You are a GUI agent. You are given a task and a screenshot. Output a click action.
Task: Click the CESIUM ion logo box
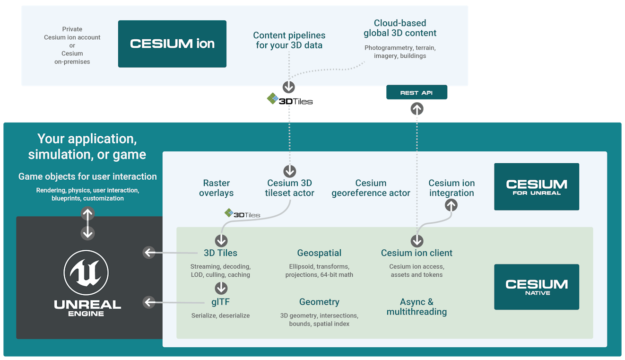pos(172,44)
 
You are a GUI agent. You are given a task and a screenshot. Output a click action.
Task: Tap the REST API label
pos(417,93)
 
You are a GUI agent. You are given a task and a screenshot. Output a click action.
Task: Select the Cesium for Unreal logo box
pos(536,186)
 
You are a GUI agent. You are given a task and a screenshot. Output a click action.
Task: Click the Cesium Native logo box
pos(536,287)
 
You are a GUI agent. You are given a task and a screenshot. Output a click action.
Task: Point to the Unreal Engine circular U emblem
pos(86,272)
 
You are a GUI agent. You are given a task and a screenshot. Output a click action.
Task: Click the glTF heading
pos(220,302)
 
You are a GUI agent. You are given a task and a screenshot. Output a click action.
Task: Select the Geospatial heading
pos(319,253)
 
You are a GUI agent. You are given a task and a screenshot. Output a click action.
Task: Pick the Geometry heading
pos(319,302)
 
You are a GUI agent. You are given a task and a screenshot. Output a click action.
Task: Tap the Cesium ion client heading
pos(417,253)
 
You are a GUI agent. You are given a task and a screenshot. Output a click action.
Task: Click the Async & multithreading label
pos(417,307)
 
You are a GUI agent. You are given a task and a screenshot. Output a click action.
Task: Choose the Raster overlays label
pos(216,188)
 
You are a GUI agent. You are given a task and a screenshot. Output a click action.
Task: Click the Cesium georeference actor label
pos(371,188)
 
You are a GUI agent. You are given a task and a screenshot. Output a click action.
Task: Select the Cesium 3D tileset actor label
pos(289,188)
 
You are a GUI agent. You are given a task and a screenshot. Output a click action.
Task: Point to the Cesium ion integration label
pos(451,188)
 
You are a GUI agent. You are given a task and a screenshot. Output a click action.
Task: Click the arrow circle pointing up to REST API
pos(417,110)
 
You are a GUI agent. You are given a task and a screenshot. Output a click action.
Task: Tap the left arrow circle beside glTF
pos(149,302)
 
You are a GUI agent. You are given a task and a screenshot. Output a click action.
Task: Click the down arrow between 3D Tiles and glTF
pos(221,288)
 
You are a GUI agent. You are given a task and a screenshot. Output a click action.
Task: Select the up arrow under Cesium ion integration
pos(451,205)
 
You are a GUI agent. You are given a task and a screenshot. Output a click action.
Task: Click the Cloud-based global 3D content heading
pos(400,28)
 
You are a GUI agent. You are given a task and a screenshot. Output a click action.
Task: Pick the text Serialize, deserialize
pos(220,316)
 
